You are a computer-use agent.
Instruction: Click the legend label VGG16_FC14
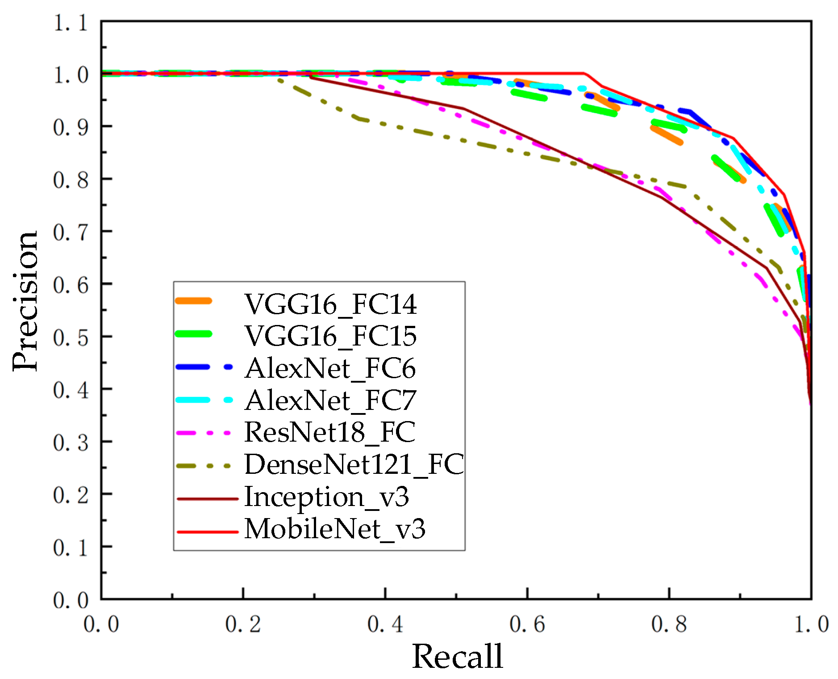pyautogui.click(x=330, y=304)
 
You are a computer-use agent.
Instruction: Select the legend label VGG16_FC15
pyautogui.click(x=330, y=336)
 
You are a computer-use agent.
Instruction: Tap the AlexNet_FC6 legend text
pyautogui.click(x=330, y=368)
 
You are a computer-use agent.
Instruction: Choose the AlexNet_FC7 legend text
pyautogui.click(x=330, y=400)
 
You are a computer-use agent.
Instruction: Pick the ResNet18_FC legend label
pyautogui.click(x=330, y=432)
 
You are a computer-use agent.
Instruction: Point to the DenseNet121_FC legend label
pyautogui.click(x=354, y=464)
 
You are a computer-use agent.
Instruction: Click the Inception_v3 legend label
pyautogui.click(x=326, y=497)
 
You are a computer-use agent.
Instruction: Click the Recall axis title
pyautogui.click(x=457, y=656)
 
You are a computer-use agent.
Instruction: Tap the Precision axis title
pyautogui.click(x=25, y=301)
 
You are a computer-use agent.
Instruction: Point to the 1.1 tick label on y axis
pyautogui.click(x=71, y=23)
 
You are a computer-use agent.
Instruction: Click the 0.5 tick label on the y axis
pyautogui.click(x=71, y=338)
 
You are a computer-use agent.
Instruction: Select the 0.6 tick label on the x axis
pyautogui.click(x=527, y=624)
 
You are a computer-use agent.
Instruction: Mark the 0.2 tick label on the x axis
pyautogui.click(x=243, y=624)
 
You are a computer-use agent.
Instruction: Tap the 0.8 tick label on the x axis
pyautogui.click(x=669, y=624)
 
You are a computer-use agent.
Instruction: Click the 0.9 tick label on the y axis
pyautogui.click(x=71, y=128)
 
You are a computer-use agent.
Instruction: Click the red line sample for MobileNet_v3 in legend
pyautogui.click(x=208, y=532)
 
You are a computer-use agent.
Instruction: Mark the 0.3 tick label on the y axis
pyautogui.click(x=71, y=443)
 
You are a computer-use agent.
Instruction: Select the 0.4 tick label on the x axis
pyautogui.click(x=385, y=624)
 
